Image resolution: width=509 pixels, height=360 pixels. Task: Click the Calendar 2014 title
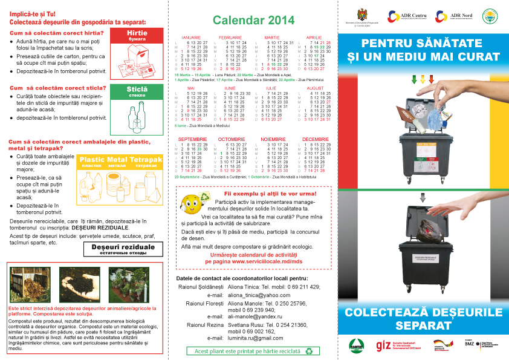coord(253,21)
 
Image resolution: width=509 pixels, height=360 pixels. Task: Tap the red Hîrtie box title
coord(137,33)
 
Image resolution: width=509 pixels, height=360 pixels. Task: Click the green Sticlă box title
coord(137,90)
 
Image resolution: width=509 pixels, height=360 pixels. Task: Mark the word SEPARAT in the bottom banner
coord(423,326)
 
